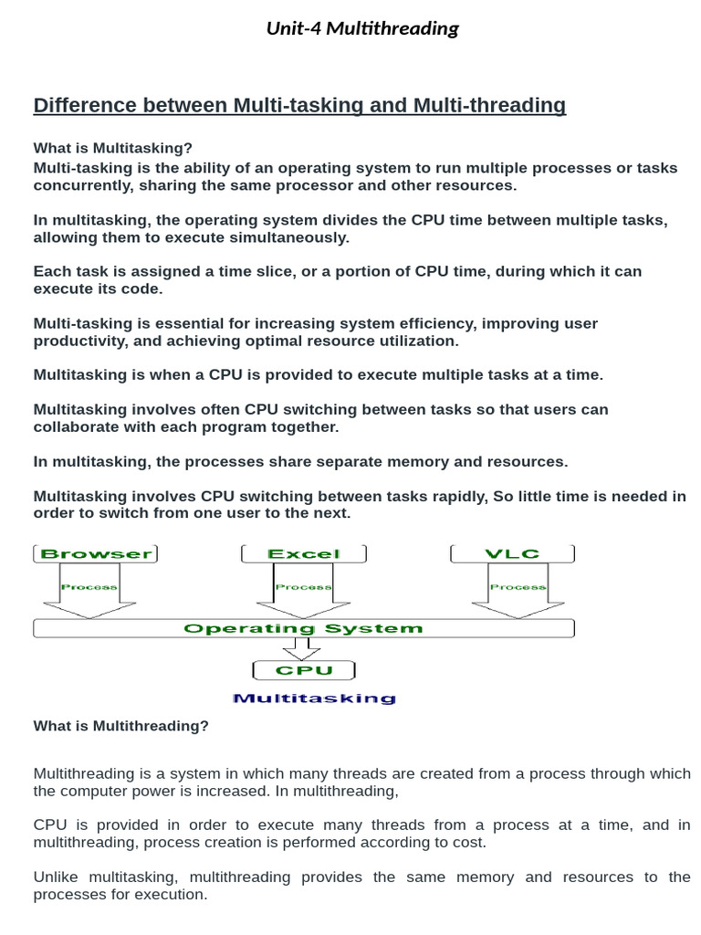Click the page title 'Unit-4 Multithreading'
(362, 28)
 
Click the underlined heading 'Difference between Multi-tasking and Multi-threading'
(299, 106)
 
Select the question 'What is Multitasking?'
(113, 148)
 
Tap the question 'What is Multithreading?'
(121, 726)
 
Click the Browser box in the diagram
(96, 553)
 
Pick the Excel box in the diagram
(304, 553)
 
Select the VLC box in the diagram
(514, 553)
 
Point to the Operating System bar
(304, 628)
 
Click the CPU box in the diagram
(304, 671)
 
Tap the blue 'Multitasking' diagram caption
(314, 699)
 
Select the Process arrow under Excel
(304, 590)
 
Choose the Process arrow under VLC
(518, 590)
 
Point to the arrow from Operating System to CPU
(301, 648)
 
